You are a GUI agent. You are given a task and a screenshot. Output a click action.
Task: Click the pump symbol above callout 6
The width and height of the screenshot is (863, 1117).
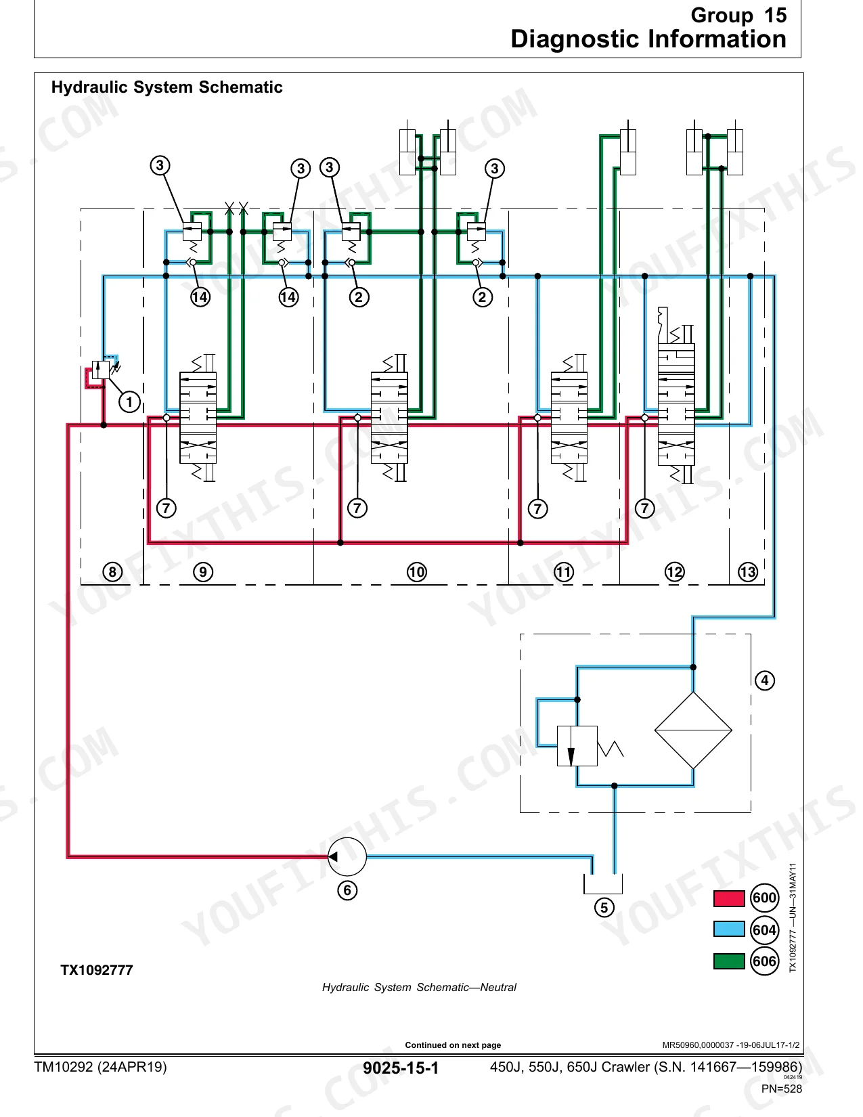coord(347,857)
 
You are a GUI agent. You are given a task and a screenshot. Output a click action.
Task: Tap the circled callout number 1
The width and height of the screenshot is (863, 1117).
coord(129,402)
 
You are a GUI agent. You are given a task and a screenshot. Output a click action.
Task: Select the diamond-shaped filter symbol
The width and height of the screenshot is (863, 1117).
coord(693,730)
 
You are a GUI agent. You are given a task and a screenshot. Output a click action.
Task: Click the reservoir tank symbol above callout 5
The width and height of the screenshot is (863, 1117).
coord(603,884)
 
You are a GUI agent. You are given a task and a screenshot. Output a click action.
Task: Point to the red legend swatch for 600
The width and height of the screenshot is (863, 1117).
coord(729,898)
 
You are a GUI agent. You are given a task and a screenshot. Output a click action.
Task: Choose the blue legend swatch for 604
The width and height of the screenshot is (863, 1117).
coord(729,929)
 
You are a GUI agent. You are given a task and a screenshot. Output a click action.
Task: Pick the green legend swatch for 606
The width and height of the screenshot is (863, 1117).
coord(729,961)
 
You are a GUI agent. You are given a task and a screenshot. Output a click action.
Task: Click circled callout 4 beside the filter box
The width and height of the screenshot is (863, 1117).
coord(765,680)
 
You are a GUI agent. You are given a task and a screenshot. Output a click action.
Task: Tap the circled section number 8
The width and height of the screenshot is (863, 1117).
coord(112,572)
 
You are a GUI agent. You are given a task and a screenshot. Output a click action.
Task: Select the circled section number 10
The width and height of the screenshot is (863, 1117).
coord(417,572)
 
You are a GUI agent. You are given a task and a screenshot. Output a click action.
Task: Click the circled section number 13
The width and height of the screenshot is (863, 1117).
coord(748,572)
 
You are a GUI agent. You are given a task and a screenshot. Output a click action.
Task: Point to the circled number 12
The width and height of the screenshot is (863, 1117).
coord(674,572)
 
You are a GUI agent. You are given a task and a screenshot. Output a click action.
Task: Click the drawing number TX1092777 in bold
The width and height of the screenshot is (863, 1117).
coord(97,970)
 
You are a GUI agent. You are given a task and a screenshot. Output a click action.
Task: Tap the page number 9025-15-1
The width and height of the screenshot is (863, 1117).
coord(401,1068)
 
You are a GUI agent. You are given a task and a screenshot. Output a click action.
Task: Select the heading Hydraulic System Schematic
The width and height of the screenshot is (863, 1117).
coord(167,87)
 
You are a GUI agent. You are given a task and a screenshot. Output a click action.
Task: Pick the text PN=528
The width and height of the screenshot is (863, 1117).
coord(781,1089)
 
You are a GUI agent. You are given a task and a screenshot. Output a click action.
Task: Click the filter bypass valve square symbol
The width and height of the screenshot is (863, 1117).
coord(577,746)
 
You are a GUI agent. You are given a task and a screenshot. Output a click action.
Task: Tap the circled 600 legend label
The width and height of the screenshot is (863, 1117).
coord(764,898)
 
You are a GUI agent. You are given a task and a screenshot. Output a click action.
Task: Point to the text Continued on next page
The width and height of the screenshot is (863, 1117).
coord(453,1045)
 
